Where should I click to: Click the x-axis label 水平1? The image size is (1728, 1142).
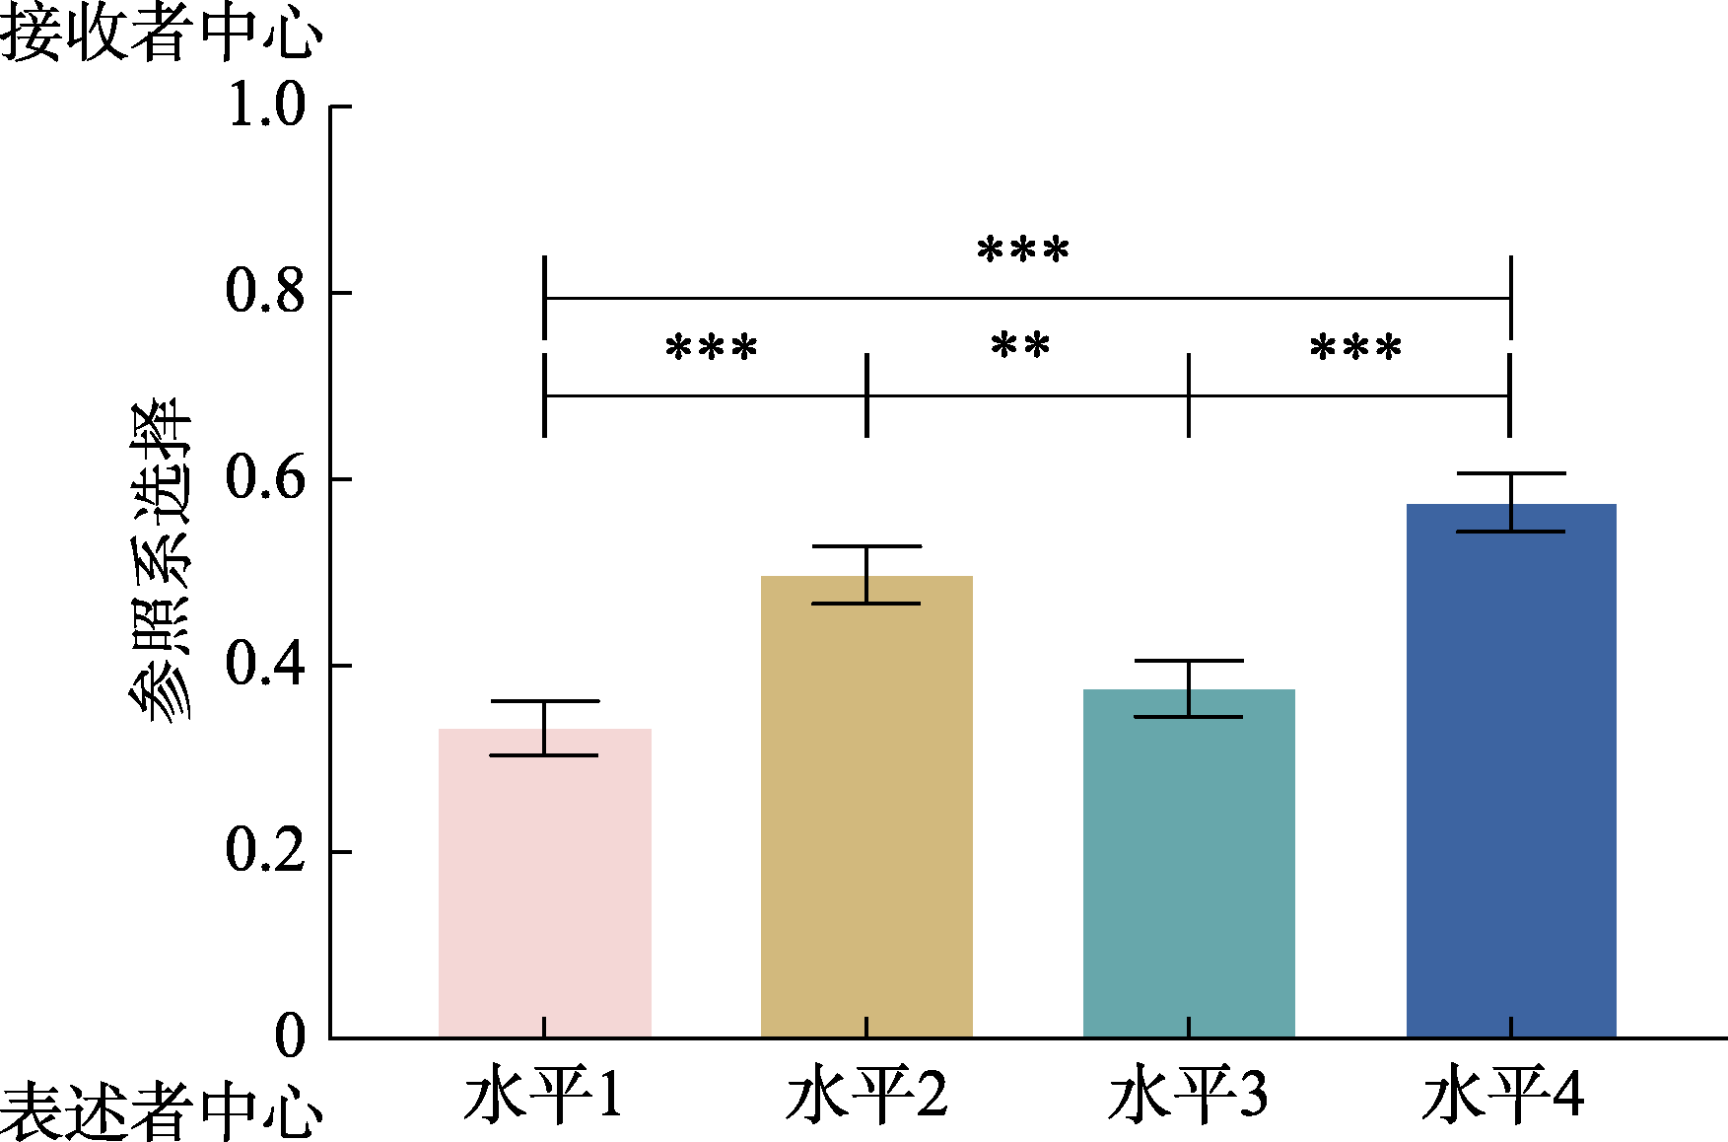coord(543,1094)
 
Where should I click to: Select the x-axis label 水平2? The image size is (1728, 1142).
coord(866,1094)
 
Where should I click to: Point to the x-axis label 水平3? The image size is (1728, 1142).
coord(1188,1094)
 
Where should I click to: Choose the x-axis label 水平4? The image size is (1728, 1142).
coord(1503,1094)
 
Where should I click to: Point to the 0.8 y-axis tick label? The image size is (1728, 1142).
coord(266,292)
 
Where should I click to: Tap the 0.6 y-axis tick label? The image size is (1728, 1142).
coord(266,478)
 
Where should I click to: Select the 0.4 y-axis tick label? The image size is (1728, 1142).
coord(266,665)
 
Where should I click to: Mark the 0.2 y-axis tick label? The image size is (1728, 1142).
coord(266,850)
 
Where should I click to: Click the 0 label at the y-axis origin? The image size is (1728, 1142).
coord(290,1036)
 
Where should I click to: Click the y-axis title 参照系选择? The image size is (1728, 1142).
coord(161,561)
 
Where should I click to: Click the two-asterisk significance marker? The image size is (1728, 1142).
coord(1020,346)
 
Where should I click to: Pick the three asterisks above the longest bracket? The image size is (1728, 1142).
coord(1022,250)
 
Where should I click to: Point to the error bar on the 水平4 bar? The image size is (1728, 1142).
coord(1510,502)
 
